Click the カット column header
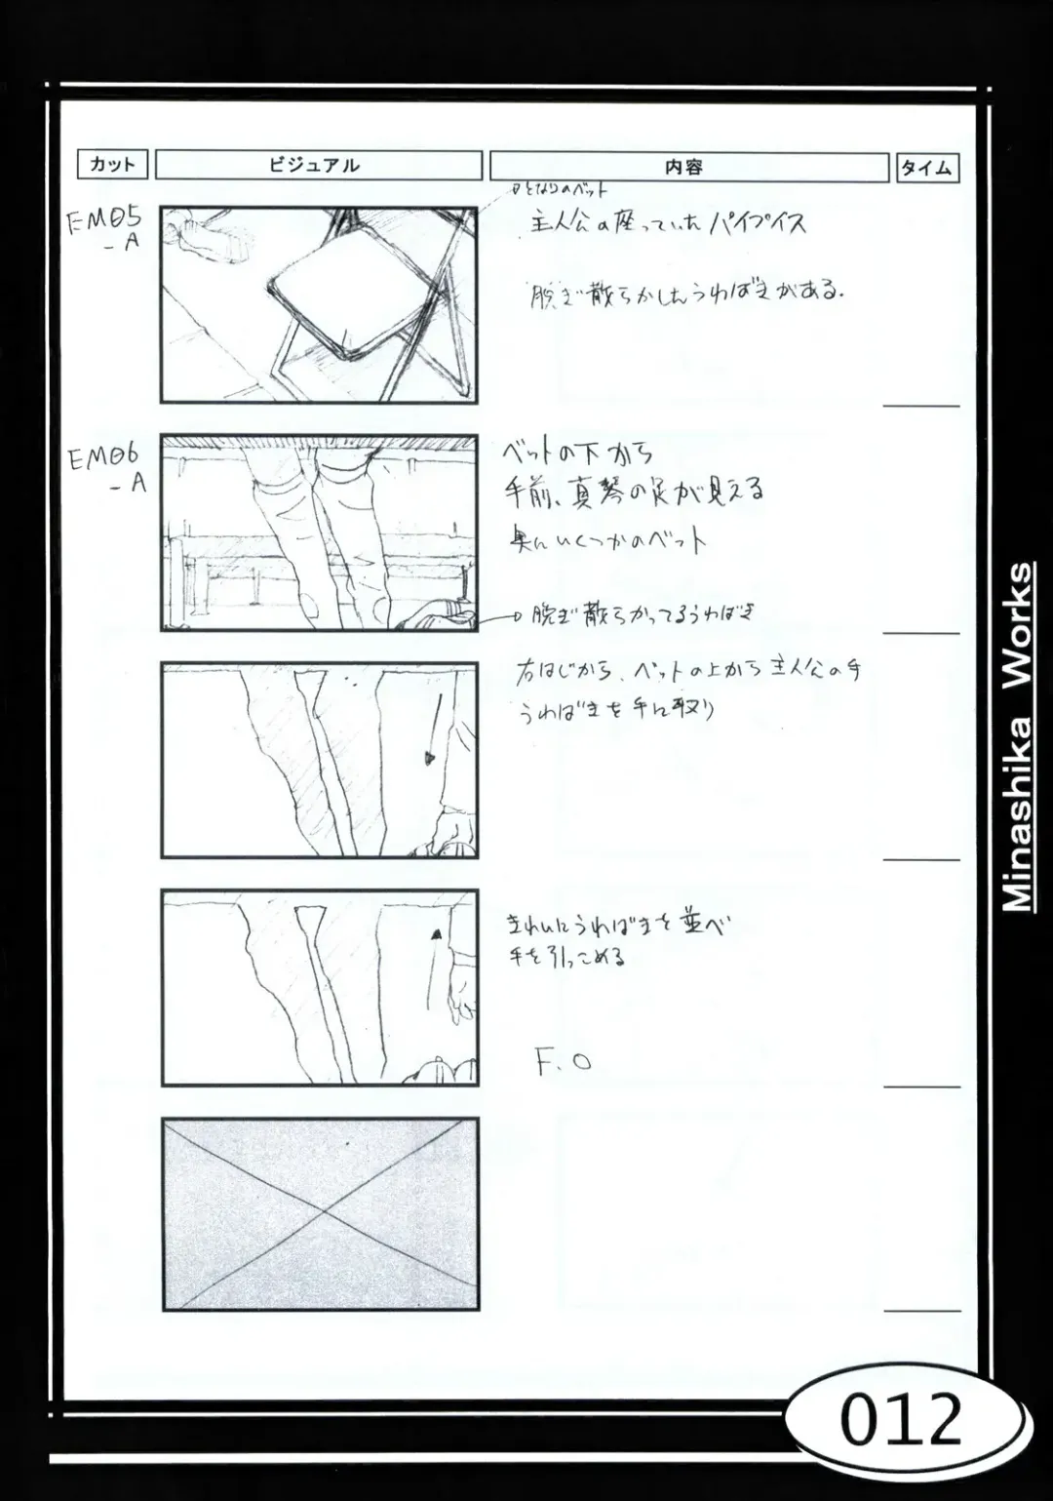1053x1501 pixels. pos(112,165)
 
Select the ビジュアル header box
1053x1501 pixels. pos(318,165)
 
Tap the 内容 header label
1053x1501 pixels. pos(687,167)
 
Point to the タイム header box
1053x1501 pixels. pos(926,168)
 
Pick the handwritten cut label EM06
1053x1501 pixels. pos(104,457)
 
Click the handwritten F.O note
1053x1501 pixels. pos(563,1061)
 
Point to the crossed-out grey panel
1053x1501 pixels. pos(320,1213)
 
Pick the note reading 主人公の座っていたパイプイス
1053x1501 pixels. pos(668,224)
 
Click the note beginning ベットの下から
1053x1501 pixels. pos(577,453)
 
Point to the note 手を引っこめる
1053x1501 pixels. pos(567,957)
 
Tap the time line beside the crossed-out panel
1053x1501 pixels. pos(921,1311)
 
